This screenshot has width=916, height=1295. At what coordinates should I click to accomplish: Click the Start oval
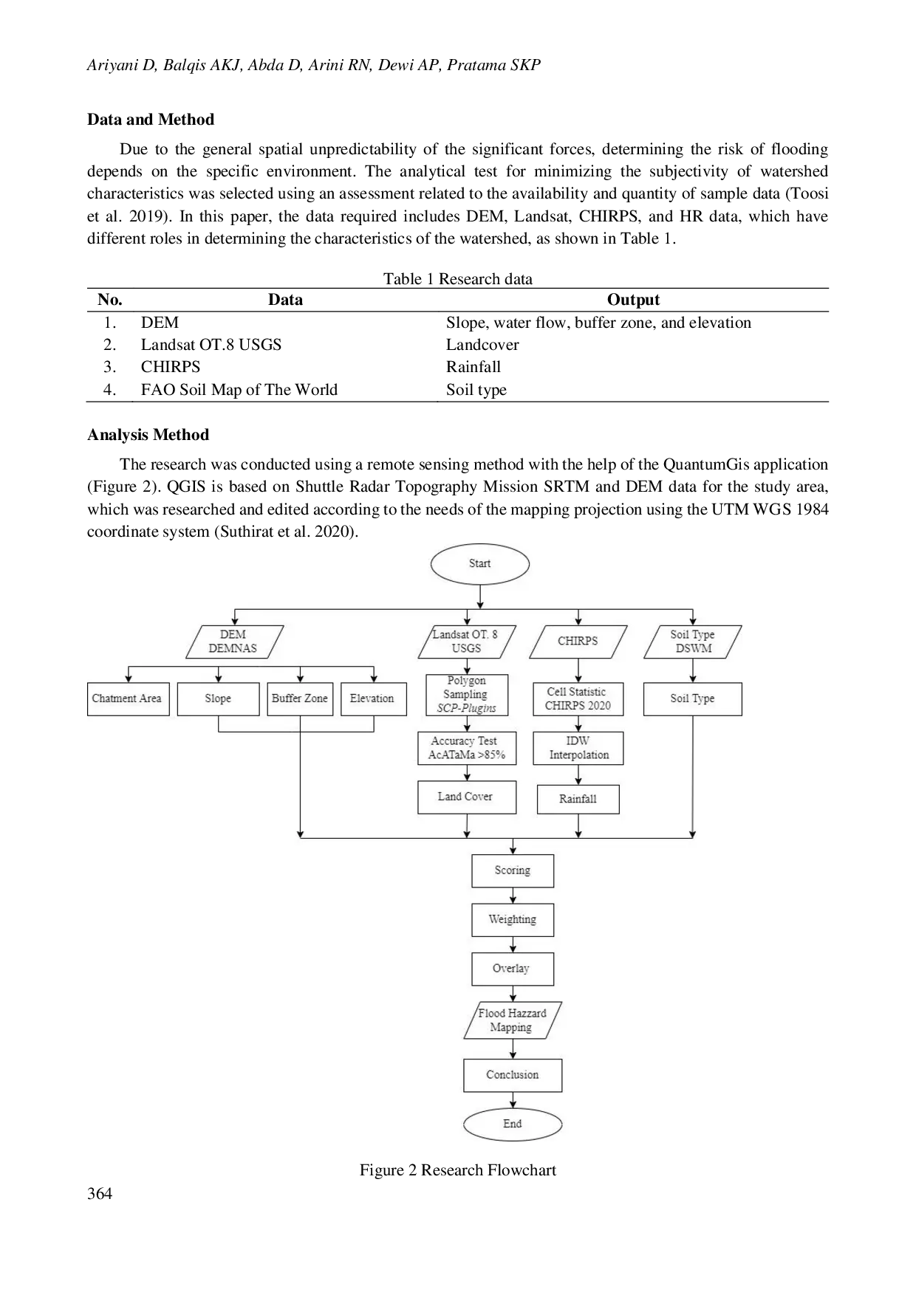(x=480, y=564)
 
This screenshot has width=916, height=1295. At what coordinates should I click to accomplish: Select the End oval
(x=513, y=1124)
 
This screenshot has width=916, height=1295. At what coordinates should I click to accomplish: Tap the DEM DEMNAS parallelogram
(x=233, y=642)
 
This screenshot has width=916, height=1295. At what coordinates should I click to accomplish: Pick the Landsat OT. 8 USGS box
(x=466, y=642)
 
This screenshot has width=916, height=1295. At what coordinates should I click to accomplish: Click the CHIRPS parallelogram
(x=578, y=642)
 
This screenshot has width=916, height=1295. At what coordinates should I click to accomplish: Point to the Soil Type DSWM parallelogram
(x=692, y=642)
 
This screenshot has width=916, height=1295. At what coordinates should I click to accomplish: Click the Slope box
(x=218, y=698)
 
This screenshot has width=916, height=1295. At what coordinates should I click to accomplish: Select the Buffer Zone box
(x=300, y=698)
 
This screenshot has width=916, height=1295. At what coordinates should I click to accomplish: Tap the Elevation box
(x=373, y=698)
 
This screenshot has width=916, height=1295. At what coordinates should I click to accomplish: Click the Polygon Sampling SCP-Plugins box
(x=466, y=695)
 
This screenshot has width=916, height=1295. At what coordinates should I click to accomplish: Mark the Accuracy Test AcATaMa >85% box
(x=466, y=748)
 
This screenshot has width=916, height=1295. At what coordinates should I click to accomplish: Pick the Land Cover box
(x=466, y=797)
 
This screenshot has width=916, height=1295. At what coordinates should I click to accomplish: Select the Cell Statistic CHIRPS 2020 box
(x=578, y=699)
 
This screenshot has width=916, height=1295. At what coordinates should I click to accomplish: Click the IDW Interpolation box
(x=578, y=748)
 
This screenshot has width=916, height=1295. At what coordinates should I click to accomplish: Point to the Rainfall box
(x=578, y=799)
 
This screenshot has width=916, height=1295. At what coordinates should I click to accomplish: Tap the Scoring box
(x=513, y=870)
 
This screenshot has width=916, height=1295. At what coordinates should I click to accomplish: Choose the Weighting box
(x=513, y=920)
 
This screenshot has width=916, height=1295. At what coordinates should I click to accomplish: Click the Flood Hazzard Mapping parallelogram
(x=513, y=1020)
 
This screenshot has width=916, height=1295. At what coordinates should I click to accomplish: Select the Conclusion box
(x=513, y=1075)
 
